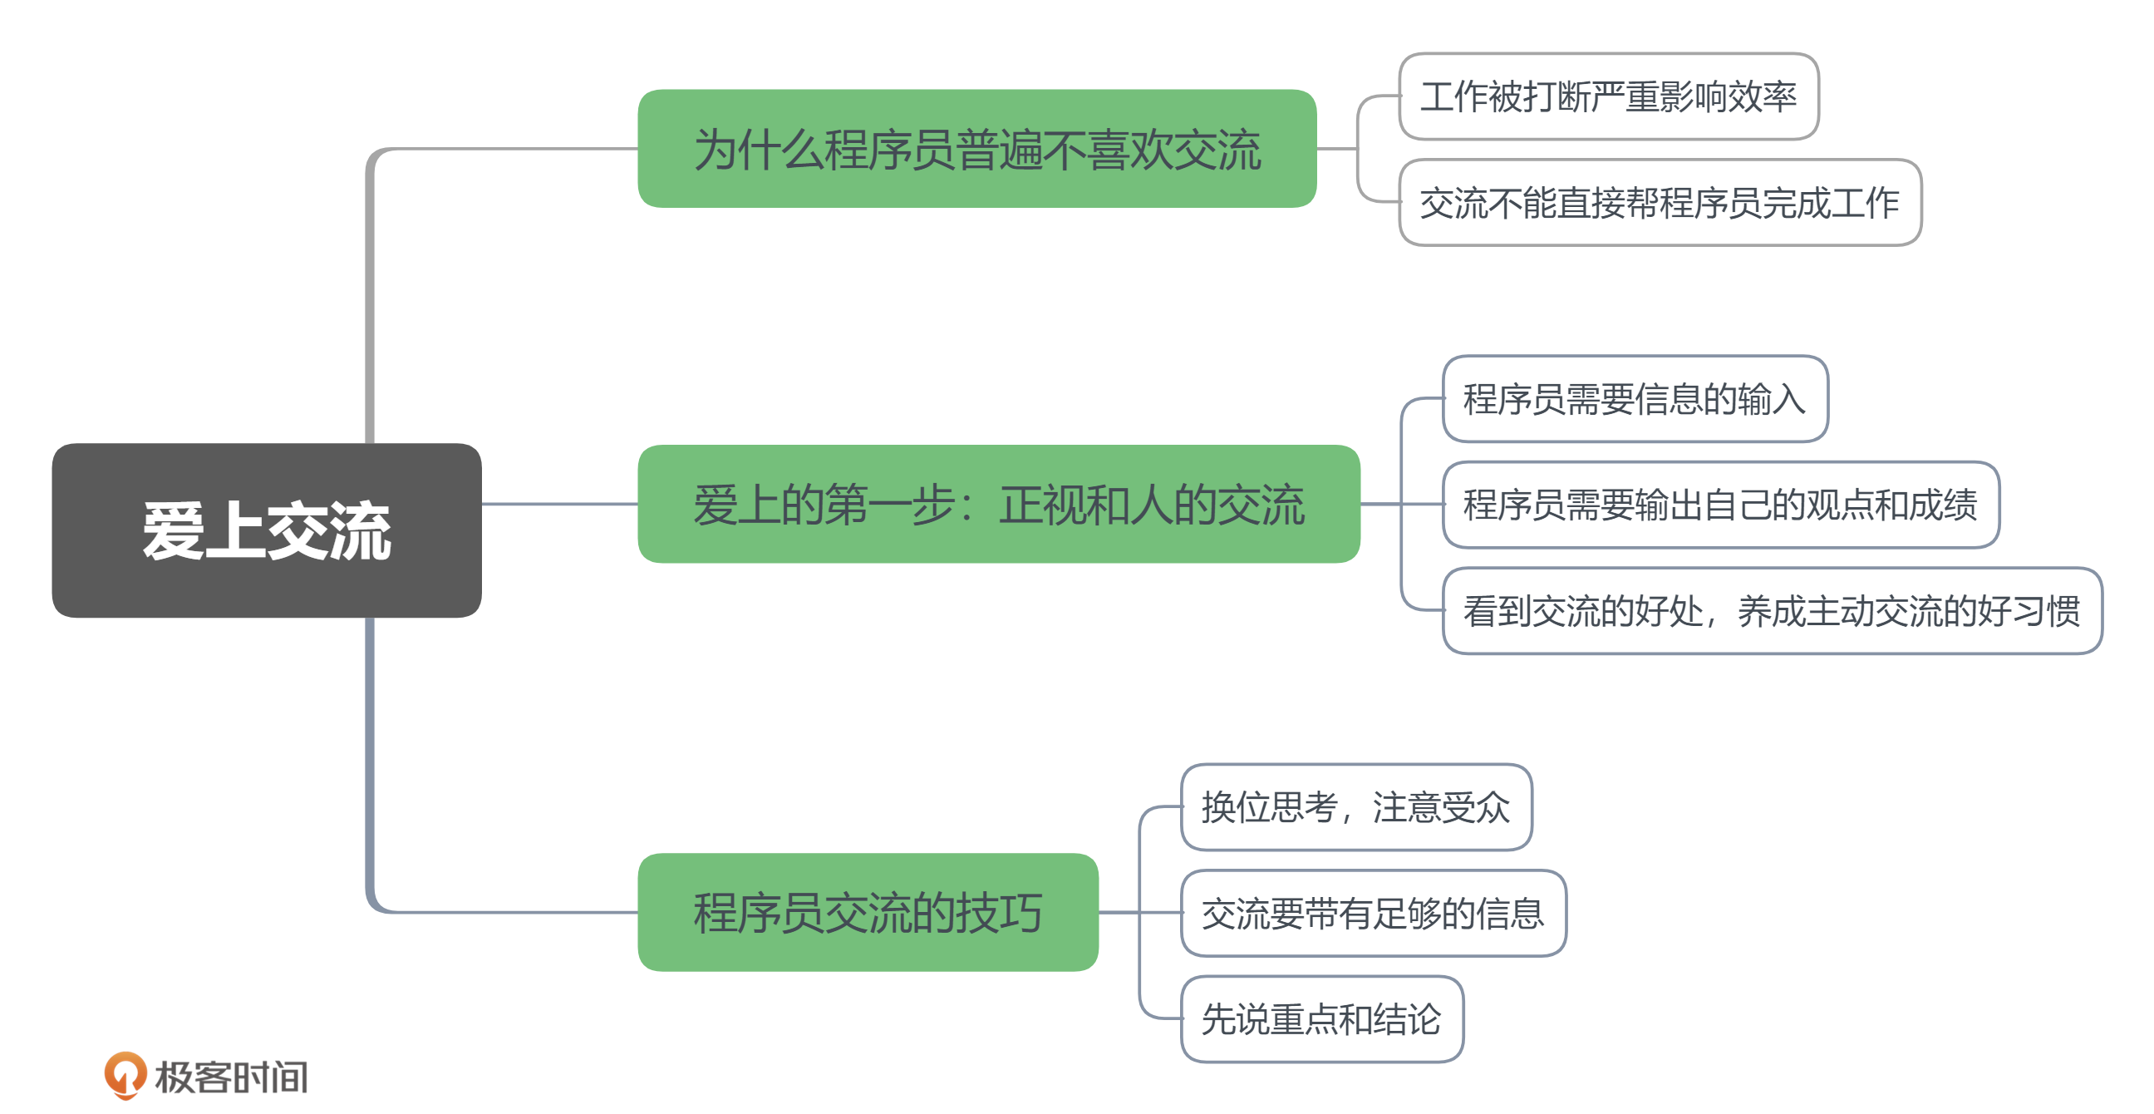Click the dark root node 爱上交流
pyautogui.click(x=267, y=530)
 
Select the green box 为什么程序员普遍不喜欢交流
pyautogui.click(x=976, y=149)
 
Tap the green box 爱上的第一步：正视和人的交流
pyautogui.click(x=998, y=504)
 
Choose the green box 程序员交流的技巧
pyautogui.click(x=868, y=912)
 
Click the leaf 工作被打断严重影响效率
pyautogui.click(x=1609, y=96)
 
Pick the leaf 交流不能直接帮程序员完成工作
pyautogui.click(x=1660, y=202)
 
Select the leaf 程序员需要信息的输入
pyautogui.click(x=1635, y=399)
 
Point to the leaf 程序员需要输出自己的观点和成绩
pyautogui.click(x=1721, y=505)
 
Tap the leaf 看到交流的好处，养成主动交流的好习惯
pyautogui.click(x=1772, y=610)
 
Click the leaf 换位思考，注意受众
pyautogui.click(x=1355, y=807)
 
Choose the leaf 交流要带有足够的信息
pyautogui.click(x=1373, y=914)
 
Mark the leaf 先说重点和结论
pyautogui.click(x=1321, y=1018)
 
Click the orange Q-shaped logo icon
pyautogui.click(x=125, y=1075)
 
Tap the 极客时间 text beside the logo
pyautogui.click(x=232, y=1077)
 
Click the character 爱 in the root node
pyautogui.click(x=173, y=531)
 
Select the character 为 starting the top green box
pyautogui.click(x=716, y=150)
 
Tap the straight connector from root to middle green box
pyautogui.click(x=559, y=504)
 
